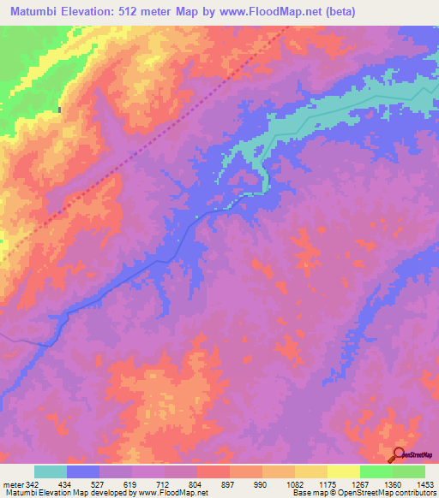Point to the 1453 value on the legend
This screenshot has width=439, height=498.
pyautogui.click(x=426, y=483)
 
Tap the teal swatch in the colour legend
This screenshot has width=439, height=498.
pyautogui.click(x=51, y=471)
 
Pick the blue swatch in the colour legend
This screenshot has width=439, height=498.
pyautogui.click(x=83, y=471)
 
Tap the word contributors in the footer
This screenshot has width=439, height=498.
pyautogui.click(x=415, y=493)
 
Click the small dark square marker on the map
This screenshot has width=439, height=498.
pyautogui.click(x=59, y=110)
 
